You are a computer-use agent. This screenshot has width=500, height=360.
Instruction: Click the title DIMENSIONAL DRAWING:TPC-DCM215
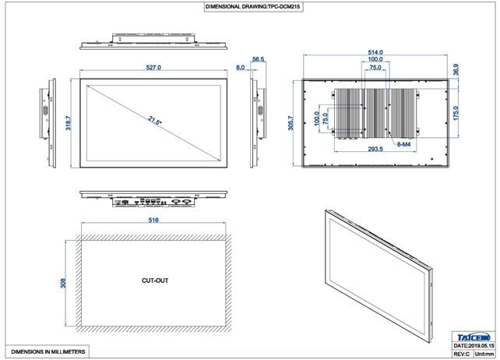click(254, 6)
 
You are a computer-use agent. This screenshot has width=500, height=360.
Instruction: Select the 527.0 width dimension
click(153, 67)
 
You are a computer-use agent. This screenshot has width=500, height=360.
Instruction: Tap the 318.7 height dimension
click(69, 123)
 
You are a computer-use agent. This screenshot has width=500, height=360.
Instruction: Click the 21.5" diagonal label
click(155, 121)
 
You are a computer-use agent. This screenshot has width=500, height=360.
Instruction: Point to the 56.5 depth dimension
click(259, 59)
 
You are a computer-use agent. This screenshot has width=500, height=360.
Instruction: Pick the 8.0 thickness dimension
click(240, 67)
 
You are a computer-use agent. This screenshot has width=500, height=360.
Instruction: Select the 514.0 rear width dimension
click(375, 52)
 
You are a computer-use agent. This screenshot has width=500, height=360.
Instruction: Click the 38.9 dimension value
click(456, 69)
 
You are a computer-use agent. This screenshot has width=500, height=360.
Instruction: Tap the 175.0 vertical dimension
click(456, 113)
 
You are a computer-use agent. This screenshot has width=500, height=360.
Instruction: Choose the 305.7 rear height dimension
click(290, 123)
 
